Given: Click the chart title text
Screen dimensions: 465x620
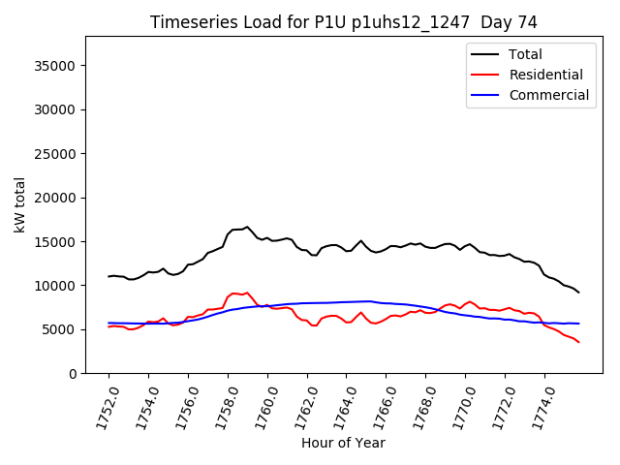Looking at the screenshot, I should pos(343,22).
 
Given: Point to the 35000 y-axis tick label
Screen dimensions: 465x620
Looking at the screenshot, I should pos(57,66).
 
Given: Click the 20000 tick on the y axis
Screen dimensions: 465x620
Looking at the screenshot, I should pos(57,198).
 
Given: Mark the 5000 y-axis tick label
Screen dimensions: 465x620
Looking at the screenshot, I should pos(61,329).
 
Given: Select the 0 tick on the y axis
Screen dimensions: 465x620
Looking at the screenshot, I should pos(74,373).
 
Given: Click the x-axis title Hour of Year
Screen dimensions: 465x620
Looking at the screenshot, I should pos(343,444).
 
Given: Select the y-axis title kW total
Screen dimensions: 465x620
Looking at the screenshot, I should pos(19,204).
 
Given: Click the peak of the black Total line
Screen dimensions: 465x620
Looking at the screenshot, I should pos(247,227).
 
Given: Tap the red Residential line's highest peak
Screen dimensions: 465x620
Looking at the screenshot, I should pos(247,293).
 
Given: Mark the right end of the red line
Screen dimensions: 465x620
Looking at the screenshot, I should pos(578,342).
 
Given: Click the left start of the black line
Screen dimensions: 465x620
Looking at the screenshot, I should pos(108,276).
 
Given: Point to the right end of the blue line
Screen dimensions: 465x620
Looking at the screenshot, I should pos(578,324).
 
